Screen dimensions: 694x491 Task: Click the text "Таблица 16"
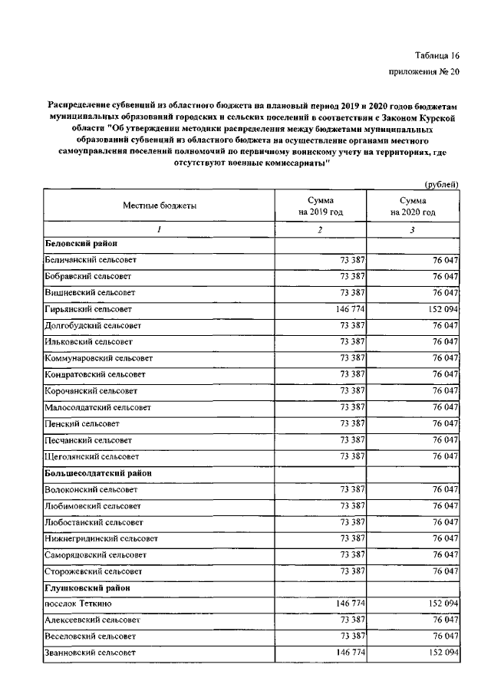tap(436, 56)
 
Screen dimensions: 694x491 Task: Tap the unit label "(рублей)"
tap(442, 183)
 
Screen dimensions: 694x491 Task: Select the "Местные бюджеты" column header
tap(159, 206)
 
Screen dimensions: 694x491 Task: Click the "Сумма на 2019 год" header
tap(320, 206)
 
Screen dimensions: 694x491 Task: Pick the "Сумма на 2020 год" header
tap(413, 206)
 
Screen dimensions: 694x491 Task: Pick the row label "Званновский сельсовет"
tap(90, 653)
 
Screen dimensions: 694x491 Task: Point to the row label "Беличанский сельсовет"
tap(89, 260)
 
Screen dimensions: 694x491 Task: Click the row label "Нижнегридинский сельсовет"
tap(101, 538)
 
